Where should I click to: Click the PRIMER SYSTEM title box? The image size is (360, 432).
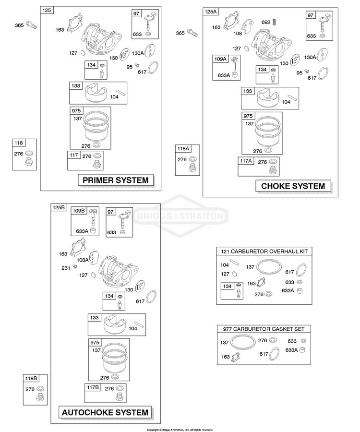tap(116, 180)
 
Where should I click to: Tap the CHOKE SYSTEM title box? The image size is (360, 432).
tap(293, 186)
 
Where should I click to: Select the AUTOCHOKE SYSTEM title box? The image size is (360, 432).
tap(105, 412)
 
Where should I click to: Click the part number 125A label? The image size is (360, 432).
tap(211, 12)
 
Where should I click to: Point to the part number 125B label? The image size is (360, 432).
tap(59, 207)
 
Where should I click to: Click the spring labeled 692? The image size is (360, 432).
tap(274, 22)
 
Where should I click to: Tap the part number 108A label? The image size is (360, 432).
tap(83, 260)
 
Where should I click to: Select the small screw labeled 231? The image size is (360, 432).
tap(75, 266)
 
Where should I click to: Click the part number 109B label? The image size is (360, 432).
tap(79, 211)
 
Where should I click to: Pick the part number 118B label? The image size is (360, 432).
tap(31, 378)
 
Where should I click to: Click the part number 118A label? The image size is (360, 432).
tap(183, 149)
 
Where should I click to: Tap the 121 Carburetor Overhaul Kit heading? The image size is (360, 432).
tap(264, 251)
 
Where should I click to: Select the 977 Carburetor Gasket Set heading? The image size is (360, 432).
tap(264, 329)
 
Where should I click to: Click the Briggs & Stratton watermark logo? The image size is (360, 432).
tap(180, 216)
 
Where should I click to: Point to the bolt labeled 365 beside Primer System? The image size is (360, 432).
tap(31, 25)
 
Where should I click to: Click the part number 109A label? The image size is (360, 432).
tap(220, 59)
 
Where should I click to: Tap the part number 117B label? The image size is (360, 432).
tap(93, 387)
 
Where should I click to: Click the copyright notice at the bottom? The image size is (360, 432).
tap(180, 430)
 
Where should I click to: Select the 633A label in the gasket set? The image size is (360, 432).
tap(291, 350)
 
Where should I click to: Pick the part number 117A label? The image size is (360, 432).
tap(246, 161)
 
